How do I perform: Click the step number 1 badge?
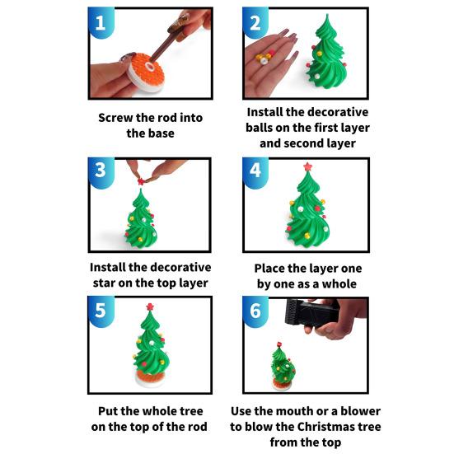[x=101, y=22]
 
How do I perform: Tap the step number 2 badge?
[x=255, y=22]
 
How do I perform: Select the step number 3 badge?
[x=101, y=173]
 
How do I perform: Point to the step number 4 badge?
[x=255, y=173]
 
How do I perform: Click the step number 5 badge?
[x=101, y=311]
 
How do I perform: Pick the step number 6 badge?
[x=255, y=311]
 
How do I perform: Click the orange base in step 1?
[x=146, y=73]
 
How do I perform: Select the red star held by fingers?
[x=141, y=181]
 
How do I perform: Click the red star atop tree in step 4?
[x=307, y=166]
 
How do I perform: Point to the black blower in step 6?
[x=311, y=312]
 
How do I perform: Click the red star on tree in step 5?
[x=150, y=307]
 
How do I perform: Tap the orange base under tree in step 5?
[x=149, y=378]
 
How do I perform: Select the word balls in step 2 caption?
[x=259, y=128]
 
